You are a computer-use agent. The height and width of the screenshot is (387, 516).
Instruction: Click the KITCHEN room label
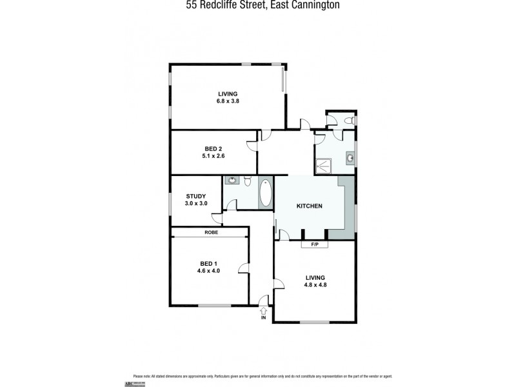tap(309, 206)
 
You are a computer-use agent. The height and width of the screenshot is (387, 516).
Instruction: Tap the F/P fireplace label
tap(315, 244)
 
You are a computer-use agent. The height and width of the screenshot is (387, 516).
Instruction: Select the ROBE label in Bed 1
tap(210, 232)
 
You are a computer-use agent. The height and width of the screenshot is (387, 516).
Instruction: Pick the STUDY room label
tap(195, 196)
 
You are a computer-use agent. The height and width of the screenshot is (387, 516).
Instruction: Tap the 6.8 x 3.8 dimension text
tap(228, 101)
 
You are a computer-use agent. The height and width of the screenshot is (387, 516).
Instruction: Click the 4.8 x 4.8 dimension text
tap(315, 285)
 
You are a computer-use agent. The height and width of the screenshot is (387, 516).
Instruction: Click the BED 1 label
tap(207, 264)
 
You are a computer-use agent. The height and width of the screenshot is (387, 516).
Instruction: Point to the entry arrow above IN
tap(263, 310)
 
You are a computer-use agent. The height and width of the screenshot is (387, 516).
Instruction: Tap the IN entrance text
tap(263, 318)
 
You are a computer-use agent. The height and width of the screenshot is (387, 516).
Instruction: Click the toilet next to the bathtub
tap(247, 182)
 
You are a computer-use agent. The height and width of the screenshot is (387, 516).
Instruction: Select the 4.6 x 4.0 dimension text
tap(208, 271)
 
